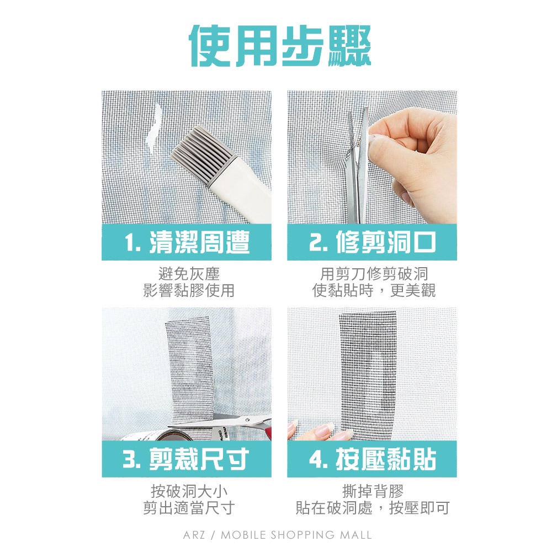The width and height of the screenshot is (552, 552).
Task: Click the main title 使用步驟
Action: click(x=280, y=45)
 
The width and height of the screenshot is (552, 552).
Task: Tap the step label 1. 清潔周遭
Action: click(x=187, y=242)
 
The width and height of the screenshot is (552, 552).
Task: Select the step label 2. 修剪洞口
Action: click(x=372, y=242)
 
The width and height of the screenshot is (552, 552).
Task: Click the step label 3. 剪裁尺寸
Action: click(x=186, y=459)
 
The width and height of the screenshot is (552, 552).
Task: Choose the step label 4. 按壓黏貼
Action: click(x=372, y=459)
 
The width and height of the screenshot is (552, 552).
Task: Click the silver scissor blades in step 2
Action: click(x=358, y=166)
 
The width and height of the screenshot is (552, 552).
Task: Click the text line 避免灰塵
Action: click(x=189, y=273)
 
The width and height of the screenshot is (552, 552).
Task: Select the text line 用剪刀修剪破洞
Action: click(x=374, y=273)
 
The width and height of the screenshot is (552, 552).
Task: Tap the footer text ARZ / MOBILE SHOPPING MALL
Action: click(x=278, y=535)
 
